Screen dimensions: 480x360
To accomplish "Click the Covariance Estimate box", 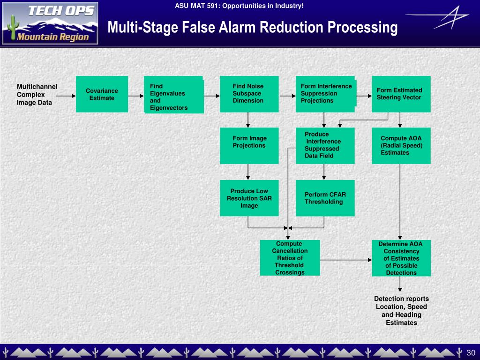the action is tap(102, 94).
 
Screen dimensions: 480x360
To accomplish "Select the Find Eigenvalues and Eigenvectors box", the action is tap(174, 95).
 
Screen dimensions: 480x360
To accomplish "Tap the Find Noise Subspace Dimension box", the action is tap(249, 94).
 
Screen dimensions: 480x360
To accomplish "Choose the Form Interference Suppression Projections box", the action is tap(325, 94).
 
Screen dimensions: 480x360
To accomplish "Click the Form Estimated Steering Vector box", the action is tap(401, 94).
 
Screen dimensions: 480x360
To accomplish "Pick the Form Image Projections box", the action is tap(249, 146).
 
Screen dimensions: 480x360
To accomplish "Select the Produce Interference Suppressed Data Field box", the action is tap(325, 146).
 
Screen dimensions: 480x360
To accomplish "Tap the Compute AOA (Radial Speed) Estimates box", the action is tap(401, 146).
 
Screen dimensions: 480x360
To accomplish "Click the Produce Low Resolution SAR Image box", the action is tap(249, 198).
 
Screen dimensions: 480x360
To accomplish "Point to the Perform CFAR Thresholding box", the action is tap(325, 198).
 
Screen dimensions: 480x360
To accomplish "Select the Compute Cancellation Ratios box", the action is tap(290, 258).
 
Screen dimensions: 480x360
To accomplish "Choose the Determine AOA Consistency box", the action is tap(401, 258).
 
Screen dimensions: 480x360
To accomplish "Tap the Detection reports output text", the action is tap(401, 311).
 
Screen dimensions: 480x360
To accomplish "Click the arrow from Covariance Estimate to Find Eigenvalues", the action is tap(136, 96).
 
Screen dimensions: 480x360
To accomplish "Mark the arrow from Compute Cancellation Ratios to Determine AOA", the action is tap(346, 260).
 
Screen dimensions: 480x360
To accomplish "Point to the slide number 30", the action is tap(471, 352).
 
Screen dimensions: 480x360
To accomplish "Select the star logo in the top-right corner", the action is tap(438, 17).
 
